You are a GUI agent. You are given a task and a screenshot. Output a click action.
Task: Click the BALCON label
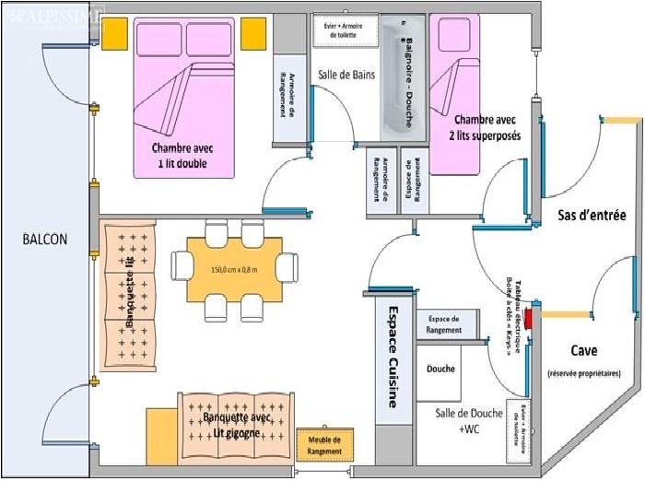point(46,239)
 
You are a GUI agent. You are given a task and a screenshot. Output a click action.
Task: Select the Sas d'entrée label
point(592,217)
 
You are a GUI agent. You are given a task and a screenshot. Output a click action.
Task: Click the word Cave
point(583,350)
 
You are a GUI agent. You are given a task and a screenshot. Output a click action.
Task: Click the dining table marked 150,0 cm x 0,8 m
point(234,269)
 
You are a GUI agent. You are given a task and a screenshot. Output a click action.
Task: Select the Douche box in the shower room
point(440,370)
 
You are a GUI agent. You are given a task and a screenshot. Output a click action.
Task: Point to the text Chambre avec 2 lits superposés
point(486,127)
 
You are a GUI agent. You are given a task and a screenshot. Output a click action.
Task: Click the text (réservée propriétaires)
point(583,373)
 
